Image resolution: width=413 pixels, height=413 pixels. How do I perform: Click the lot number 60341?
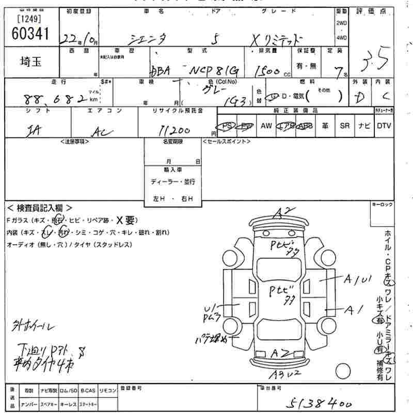click(29, 33)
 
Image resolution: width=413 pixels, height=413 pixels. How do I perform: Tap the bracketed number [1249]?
click(29, 20)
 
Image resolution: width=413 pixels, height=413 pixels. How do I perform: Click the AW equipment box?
click(266, 126)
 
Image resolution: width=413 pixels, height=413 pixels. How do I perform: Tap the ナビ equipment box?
click(364, 126)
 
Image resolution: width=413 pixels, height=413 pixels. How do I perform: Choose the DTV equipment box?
click(384, 126)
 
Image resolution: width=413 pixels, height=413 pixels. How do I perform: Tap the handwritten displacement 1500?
click(268, 71)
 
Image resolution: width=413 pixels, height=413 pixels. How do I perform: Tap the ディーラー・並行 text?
click(172, 182)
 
